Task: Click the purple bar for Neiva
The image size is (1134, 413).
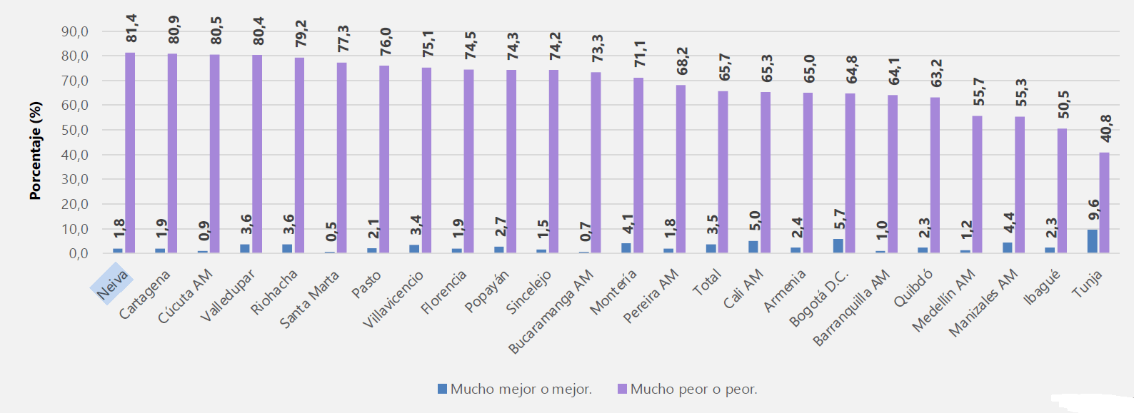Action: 130,153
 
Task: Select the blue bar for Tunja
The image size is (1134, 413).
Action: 1092,241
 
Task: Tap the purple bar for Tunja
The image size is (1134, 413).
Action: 1105,203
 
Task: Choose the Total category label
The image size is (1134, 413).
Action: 707,284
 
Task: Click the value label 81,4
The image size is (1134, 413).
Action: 131,29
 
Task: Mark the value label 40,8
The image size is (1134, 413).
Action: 1106,128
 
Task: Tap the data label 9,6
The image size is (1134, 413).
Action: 1093,209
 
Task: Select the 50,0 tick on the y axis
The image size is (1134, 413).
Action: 74,130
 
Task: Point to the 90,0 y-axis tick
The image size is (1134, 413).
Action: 74,31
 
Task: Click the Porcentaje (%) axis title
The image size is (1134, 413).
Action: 36,151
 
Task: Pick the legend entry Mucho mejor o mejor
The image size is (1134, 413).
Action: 514,389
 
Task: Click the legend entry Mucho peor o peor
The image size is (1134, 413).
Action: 687,389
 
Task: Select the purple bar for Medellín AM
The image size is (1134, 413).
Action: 977,184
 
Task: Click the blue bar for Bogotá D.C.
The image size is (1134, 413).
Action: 838,245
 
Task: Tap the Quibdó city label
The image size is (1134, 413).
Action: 913,288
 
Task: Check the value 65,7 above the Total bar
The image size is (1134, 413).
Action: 725,67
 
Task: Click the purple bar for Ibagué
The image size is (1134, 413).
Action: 1062,190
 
